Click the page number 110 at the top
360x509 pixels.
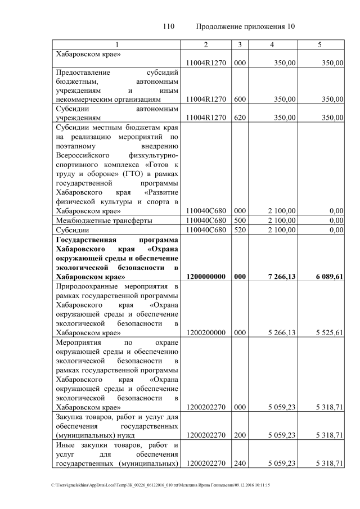(169, 26)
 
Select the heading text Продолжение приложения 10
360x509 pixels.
(245, 26)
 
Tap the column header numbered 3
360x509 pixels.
(240, 44)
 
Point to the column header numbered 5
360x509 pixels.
(320, 44)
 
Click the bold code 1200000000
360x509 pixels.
(206, 277)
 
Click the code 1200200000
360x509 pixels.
(206, 332)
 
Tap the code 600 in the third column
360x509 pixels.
(240, 99)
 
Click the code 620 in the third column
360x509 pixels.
(240, 118)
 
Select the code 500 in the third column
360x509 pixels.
(240, 220)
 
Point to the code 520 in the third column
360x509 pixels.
(240, 230)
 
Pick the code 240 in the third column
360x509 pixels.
(240, 463)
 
